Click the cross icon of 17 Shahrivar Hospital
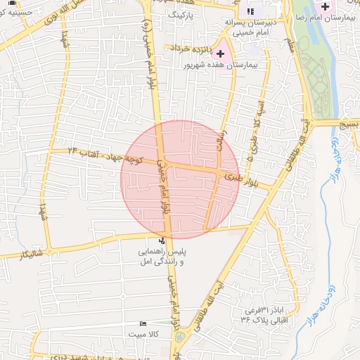tap(221, 53)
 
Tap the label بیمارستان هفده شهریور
tap(220, 64)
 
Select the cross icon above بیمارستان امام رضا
tap(324, 6)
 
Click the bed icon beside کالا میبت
tap(143, 324)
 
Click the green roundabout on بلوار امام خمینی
tap(179, 337)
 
